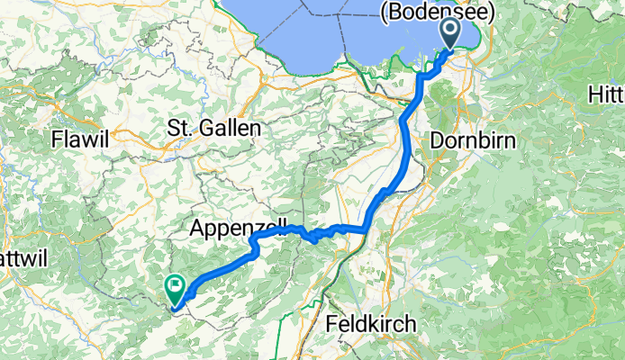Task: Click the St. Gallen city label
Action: (214, 129)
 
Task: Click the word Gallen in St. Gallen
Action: (231, 129)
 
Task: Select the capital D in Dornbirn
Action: (438, 140)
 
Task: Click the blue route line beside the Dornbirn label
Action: (406, 141)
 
